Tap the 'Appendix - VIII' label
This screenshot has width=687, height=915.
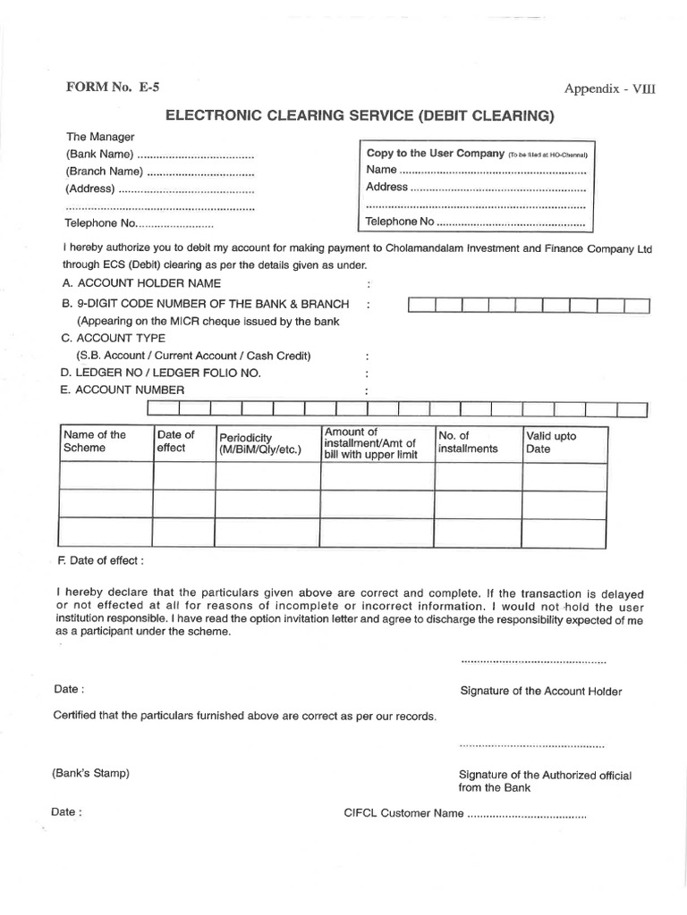[604, 88]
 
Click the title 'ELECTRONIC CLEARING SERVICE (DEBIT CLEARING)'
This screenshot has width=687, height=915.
[357, 115]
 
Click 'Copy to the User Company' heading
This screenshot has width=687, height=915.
[436, 154]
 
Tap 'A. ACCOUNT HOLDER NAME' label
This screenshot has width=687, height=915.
[141, 282]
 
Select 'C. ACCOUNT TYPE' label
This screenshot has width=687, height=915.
[114, 338]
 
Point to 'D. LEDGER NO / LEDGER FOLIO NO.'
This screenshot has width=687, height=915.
[161, 373]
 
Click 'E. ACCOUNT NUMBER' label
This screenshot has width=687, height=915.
[123, 390]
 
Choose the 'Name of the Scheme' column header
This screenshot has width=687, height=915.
[94, 441]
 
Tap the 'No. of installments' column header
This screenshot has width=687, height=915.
[468, 442]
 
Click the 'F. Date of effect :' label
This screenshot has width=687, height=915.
[99, 560]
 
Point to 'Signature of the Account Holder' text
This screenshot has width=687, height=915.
[540, 691]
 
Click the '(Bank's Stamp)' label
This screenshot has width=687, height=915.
[90, 773]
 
